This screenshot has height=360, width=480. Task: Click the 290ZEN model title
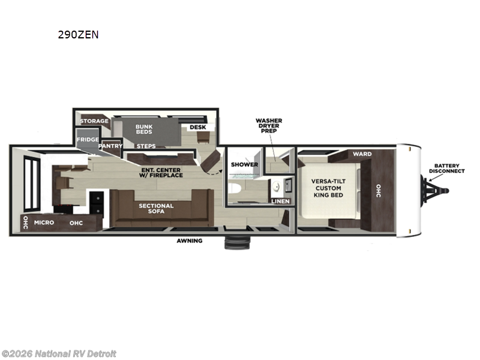(78, 35)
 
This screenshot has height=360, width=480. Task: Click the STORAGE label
(95, 121)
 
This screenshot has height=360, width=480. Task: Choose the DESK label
(197, 127)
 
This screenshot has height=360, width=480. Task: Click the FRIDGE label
(88, 140)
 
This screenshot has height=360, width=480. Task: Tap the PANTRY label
(110, 146)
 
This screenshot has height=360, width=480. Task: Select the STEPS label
(146, 146)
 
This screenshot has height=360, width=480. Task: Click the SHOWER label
(244, 164)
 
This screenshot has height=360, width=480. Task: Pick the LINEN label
(280, 201)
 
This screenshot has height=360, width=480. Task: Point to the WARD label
(362, 154)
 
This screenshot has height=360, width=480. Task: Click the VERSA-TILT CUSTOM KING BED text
(328, 188)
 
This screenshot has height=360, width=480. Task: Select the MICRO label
(44, 223)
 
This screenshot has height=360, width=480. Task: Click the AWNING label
(189, 241)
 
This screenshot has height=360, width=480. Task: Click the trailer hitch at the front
(437, 188)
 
